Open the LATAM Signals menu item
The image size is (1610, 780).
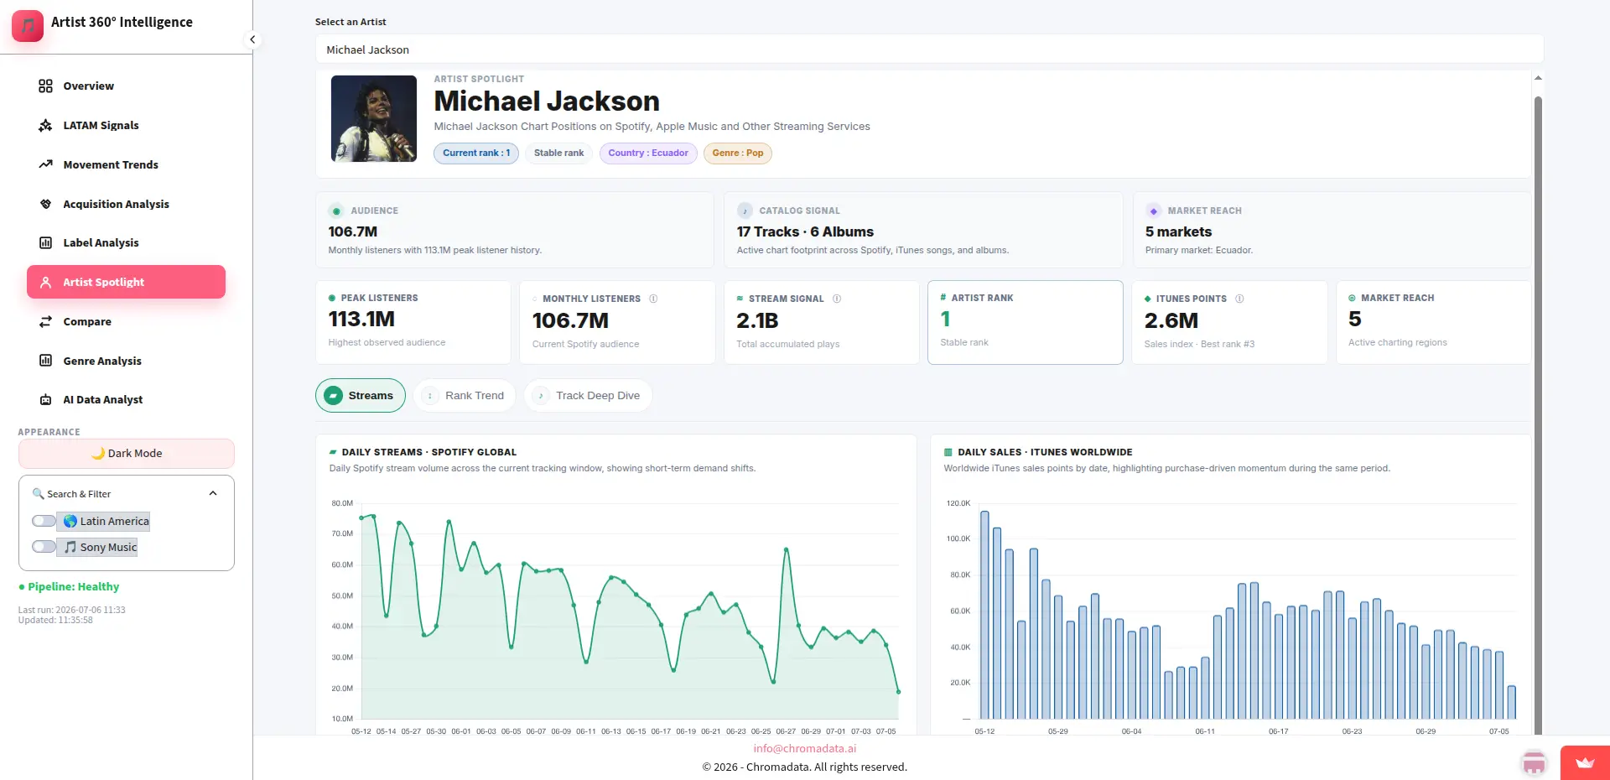pyautogui.click(x=101, y=125)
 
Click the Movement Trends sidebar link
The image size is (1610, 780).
pyautogui.click(x=110, y=164)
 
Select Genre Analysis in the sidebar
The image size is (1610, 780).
pyautogui.click(x=101, y=361)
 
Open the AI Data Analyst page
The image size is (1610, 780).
pyautogui.click(x=102, y=400)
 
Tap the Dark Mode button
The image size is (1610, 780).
pyautogui.click(x=127, y=454)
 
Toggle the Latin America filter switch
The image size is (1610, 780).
pyautogui.click(x=44, y=521)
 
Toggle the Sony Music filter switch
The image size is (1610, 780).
pyautogui.click(x=44, y=547)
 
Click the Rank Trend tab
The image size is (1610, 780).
pyautogui.click(x=464, y=396)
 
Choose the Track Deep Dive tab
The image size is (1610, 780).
pyautogui.click(x=588, y=396)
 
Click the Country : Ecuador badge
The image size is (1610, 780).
pyautogui.click(x=648, y=153)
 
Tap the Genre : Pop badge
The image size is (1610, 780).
pyautogui.click(x=738, y=153)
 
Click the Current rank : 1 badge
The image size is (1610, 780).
pyautogui.click(x=476, y=153)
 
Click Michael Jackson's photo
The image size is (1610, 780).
pyautogui.click(x=374, y=118)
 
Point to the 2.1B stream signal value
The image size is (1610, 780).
pyautogui.click(x=757, y=320)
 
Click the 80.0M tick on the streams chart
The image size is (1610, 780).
pyautogui.click(x=342, y=503)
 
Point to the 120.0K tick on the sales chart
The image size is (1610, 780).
pyautogui.click(x=958, y=503)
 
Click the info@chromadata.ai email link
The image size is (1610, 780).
pyautogui.click(x=805, y=748)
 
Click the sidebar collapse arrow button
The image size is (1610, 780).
pyautogui.click(x=252, y=39)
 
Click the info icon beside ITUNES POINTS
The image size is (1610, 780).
pyautogui.click(x=1239, y=299)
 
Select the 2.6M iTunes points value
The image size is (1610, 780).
pyautogui.click(x=1171, y=320)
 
